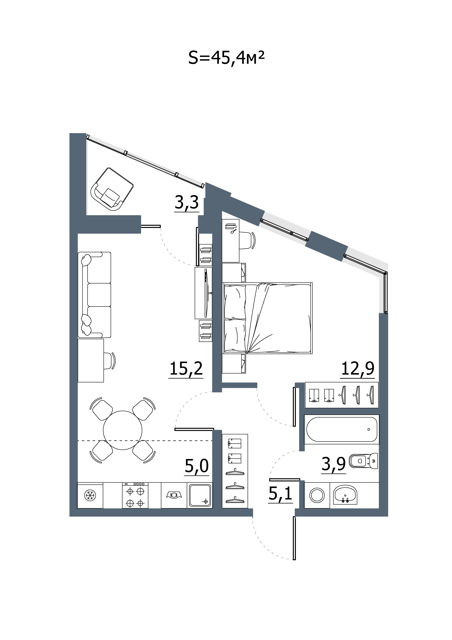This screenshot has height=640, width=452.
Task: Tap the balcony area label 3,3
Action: click(187, 202)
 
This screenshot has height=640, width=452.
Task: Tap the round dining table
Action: click(123, 430)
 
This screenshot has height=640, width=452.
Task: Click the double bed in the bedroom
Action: click(268, 318)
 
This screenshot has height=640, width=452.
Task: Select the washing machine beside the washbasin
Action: click(317, 495)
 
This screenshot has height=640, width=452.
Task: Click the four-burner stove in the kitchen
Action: click(135, 495)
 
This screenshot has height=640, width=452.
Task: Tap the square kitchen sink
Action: click(200, 495)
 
